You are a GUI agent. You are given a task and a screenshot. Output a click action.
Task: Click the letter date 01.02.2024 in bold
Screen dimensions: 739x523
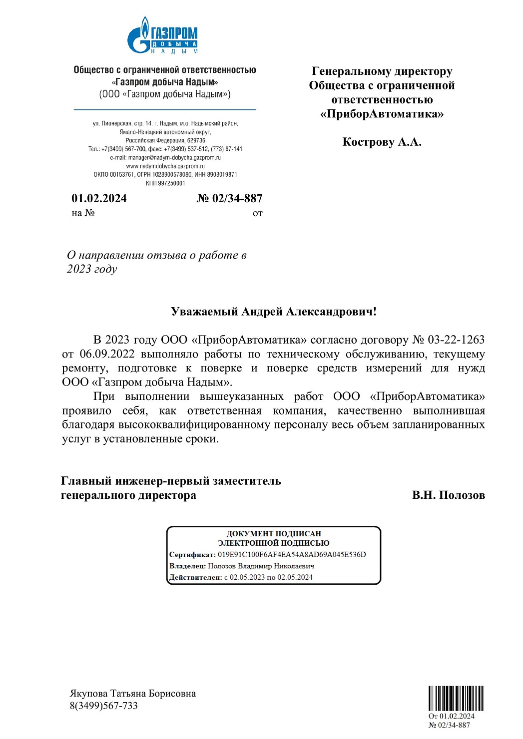click(x=99, y=198)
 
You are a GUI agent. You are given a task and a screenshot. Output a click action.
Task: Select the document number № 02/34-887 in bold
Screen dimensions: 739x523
click(x=229, y=198)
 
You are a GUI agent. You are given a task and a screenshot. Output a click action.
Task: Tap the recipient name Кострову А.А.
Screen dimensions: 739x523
click(x=382, y=142)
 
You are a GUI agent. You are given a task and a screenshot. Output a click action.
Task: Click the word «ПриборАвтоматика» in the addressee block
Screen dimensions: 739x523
click(x=382, y=114)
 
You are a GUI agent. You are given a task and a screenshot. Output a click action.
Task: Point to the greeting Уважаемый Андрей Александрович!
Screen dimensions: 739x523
click(x=273, y=312)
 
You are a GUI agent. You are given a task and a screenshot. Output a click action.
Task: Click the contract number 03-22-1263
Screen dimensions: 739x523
click(x=456, y=340)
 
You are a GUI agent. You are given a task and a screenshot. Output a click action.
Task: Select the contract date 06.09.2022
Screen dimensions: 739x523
click(x=107, y=354)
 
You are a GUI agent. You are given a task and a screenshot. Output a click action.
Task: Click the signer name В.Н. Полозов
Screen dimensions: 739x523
click(x=448, y=495)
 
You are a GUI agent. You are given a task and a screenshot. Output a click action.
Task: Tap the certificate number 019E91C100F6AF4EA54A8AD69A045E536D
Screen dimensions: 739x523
click(x=292, y=554)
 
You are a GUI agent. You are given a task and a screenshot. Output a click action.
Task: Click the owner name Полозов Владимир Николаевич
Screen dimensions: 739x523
click(x=261, y=566)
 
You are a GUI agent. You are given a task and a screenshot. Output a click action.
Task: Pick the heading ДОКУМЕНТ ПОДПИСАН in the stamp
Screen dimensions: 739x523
click(x=274, y=533)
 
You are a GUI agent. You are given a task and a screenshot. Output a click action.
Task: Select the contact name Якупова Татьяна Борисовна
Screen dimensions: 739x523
click(x=132, y=694)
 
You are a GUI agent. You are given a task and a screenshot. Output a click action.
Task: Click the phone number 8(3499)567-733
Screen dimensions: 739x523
click(x=103, y=706)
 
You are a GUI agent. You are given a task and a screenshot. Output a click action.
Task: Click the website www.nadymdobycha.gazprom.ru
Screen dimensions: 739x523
click(x=165, y=166)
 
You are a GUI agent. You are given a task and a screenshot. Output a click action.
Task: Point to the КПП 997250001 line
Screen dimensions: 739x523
click(x=165, y=183)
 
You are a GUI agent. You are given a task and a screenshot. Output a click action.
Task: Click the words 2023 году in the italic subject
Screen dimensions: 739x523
click(x=92, y=269)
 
